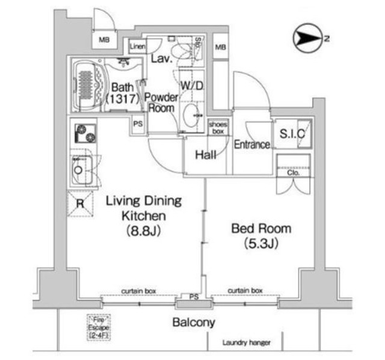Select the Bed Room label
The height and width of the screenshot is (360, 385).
pyautogui.click(x=261, y=236)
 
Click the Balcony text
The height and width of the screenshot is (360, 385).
pyautogui.click(x=193, y=323)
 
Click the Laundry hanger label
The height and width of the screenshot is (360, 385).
pyautogui.click(x=246, y=343)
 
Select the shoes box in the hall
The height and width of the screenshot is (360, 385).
pyautogui.click(x=217, y=127)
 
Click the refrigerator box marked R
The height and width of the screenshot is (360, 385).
pyautogui.click(x=79, y=203)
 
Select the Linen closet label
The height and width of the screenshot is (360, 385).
pyautogui.click(x=137, y=46)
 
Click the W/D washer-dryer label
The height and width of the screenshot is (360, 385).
pyautogui.click(x=192, y=85)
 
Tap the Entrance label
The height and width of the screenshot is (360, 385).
pyautogui.click(x=251, y=145)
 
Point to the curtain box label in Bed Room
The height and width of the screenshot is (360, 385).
pyautogui.click(x=245, y=290)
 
